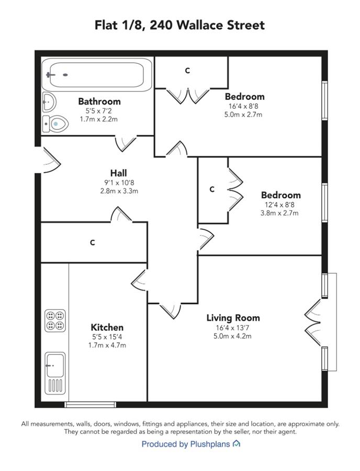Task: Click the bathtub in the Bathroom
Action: tap(97, 74)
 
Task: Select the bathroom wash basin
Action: tap(49, 102)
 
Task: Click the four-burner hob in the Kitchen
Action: tap(55, 320)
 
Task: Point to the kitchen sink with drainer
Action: tap(55, 373)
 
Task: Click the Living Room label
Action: tap(233, 318)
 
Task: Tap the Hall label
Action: tap(119, 173)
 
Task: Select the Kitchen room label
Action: tap(107, 327)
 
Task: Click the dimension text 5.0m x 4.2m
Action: tap(232, 336)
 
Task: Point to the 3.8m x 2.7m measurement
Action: tap(279, 214)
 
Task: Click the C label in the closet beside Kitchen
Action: tap(93, 242)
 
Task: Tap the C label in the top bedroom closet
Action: tap(188, 71)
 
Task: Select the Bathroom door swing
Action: tap(126, 143)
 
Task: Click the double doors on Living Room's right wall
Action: tap(312, 323)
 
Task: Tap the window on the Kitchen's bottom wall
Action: tap(91, 405)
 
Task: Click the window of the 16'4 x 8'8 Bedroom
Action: tap(324, 100)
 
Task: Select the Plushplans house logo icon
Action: tap(237, 444)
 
